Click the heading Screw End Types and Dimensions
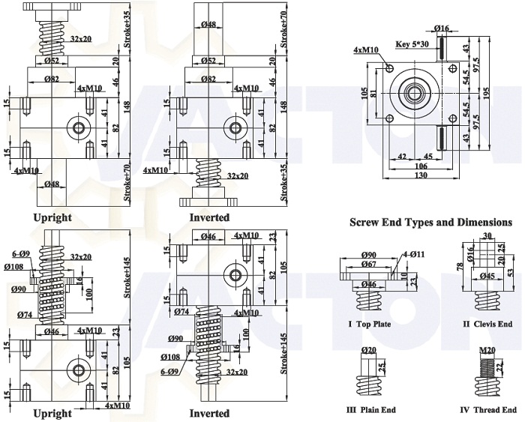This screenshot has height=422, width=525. pos(431,223)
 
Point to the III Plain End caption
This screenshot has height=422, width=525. pos(370,409)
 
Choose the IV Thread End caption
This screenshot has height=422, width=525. pos(488,409)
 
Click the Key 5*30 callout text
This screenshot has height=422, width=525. pos(412,44)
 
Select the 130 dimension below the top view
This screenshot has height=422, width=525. pos(420,175)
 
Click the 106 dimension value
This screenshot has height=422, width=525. pos(420,166)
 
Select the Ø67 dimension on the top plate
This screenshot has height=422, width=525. pos(368,264)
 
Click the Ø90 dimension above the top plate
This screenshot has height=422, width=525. pos(368,255)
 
